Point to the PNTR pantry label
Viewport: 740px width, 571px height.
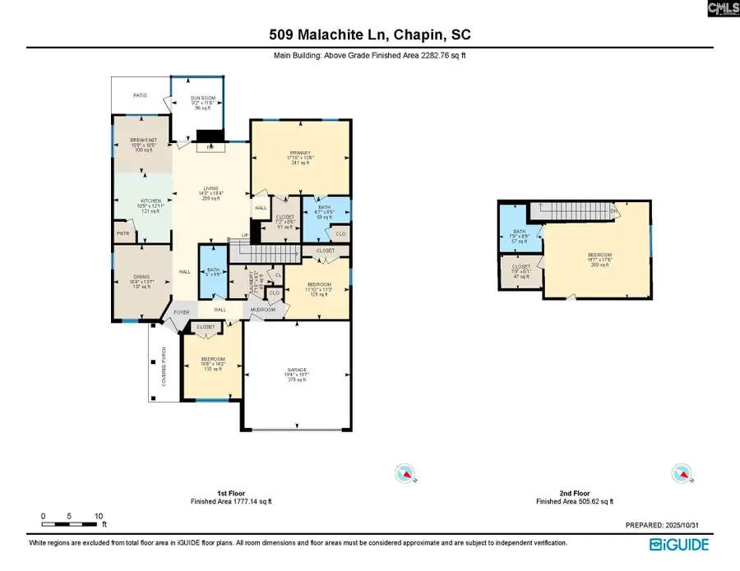point(122,233)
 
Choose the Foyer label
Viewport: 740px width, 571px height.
point(180,311)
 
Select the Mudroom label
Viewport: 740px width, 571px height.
point(262,310)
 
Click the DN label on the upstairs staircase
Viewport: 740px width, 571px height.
point(613,210)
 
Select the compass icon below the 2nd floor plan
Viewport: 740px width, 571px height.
point(680,472)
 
